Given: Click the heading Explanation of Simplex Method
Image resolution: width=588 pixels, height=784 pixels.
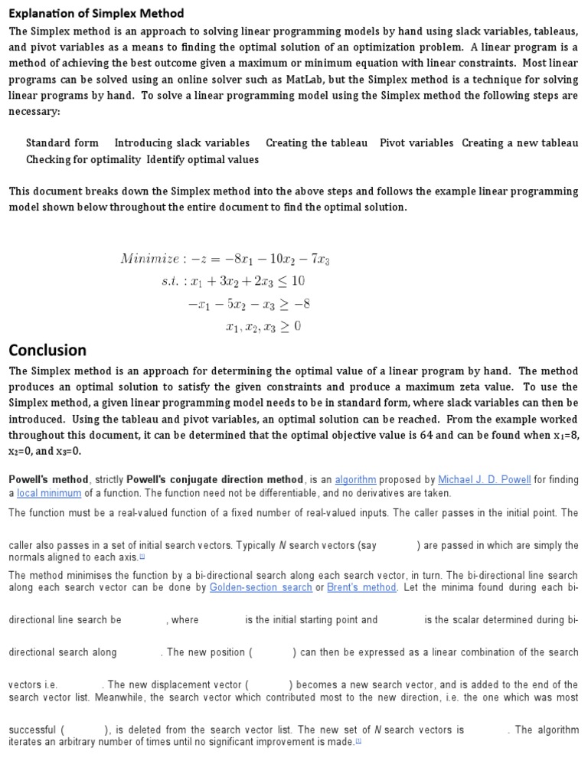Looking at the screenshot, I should [96, 14].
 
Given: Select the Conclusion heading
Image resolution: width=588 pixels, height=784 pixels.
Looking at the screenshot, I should [47, 350].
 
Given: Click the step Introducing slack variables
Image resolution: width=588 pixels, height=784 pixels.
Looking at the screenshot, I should [182, 143].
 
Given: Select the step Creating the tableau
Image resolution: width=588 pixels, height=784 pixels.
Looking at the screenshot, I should [316, 143].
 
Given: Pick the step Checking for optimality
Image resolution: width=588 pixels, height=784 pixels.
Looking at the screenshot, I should [83, 160].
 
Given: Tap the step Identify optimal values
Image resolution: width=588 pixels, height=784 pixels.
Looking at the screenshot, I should [203, 160].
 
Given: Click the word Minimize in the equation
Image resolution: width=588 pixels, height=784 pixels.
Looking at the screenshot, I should [149, 259].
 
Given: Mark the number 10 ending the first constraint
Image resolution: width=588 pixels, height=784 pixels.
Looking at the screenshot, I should [298, 281].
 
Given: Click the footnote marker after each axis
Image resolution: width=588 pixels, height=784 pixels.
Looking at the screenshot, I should [142, 557].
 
